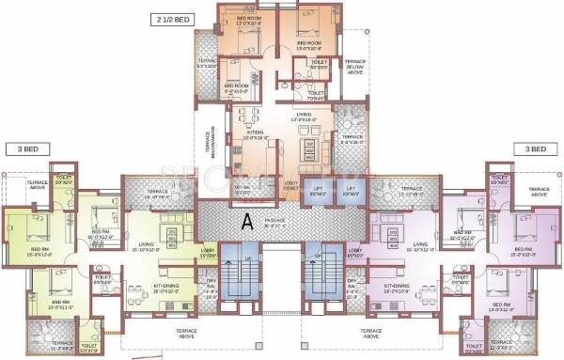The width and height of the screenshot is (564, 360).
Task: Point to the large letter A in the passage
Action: [247, 221]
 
